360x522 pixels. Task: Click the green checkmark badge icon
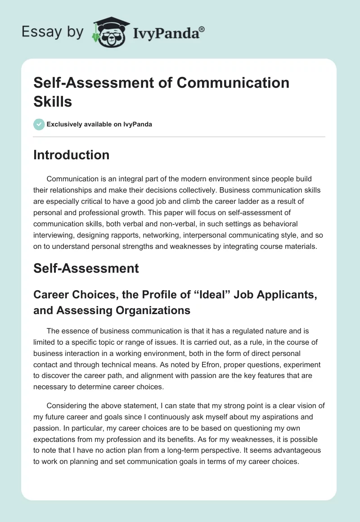(x=39, y=124)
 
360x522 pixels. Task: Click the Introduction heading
(x=72, y=155)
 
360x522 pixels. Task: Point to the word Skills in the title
(x=53, y=101)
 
